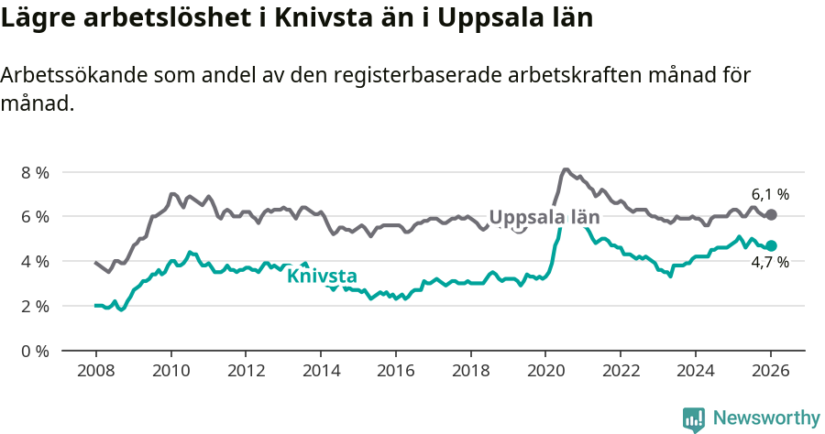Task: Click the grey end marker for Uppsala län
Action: pos(772,214)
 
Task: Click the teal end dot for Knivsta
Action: pos(772,245)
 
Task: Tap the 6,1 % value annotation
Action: pos(770,194)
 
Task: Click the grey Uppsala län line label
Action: pos(544,218)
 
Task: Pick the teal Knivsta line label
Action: pos(322,276)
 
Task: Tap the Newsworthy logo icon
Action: pos(694,419)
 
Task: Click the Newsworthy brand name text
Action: pos(766,418)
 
